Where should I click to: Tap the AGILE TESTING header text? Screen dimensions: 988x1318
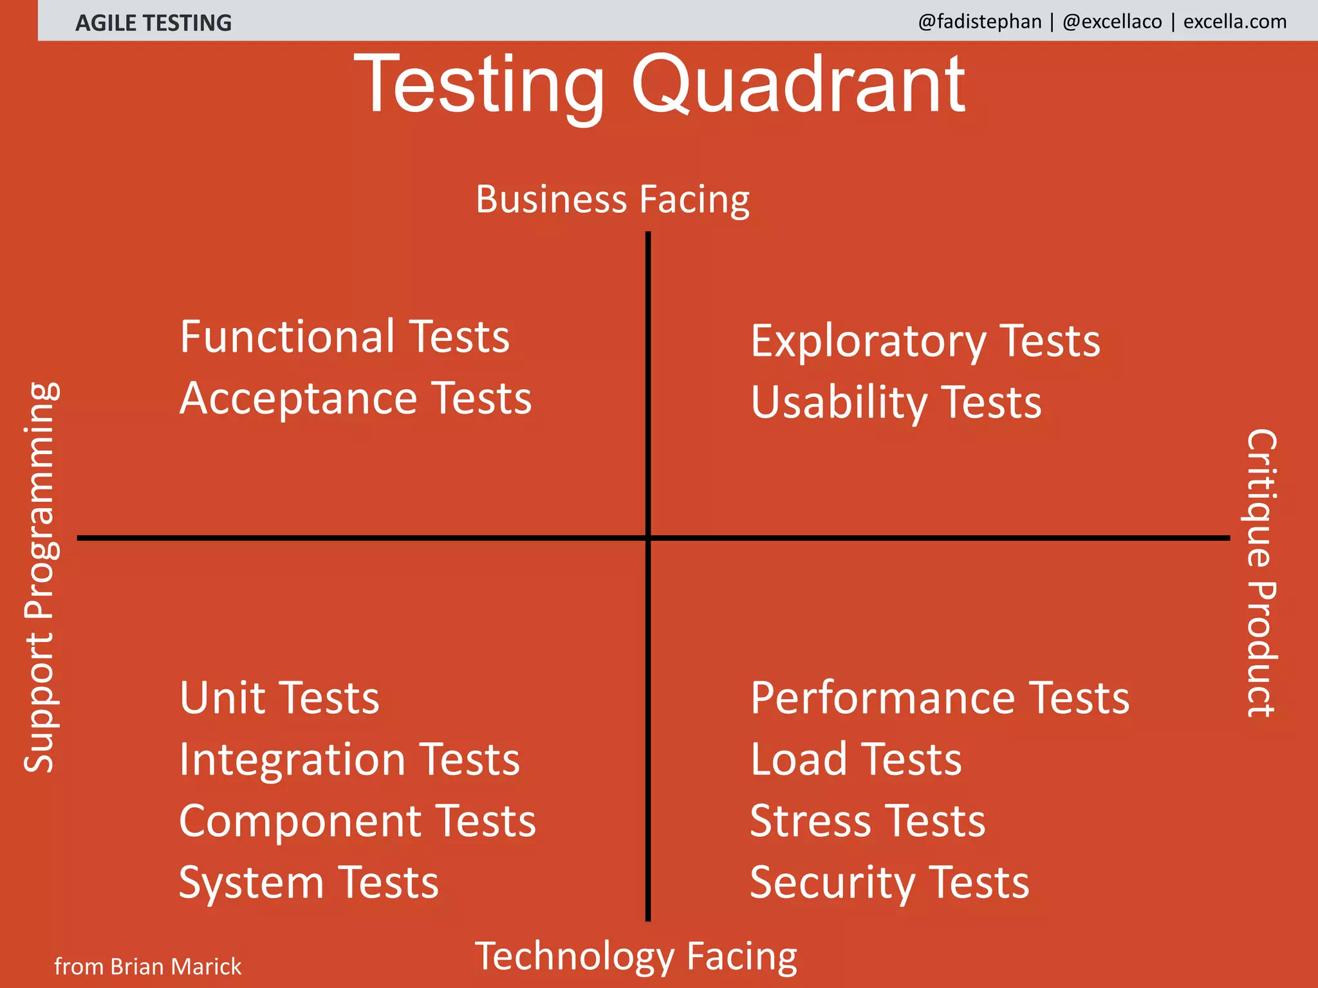[153, 23]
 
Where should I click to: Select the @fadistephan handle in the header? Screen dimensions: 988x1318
[979, 22]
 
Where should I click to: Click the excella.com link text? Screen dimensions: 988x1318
[1234, 22]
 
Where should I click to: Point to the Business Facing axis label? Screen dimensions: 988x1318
[612, 199]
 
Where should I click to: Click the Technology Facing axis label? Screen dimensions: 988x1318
[635, 956]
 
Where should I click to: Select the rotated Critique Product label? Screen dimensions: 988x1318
[1261, 572]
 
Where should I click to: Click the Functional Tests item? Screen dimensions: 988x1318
[344, 336]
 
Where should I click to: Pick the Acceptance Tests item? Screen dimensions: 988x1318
[355, 398]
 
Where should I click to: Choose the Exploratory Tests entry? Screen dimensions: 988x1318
[925, 341]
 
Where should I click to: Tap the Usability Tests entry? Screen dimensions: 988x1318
[895, 403]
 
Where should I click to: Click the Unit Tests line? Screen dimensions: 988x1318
[279, 698]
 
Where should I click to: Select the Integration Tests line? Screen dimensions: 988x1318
[349, 760]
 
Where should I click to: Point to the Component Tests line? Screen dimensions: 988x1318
[357, 821]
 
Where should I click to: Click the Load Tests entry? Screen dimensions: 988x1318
[855, 760]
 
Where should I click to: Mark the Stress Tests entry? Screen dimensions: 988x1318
[867, 821]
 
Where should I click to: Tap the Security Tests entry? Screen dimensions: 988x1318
[889, 883]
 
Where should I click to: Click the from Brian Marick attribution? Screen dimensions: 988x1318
[147, 967]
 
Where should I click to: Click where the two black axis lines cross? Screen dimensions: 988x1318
[648, 538]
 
